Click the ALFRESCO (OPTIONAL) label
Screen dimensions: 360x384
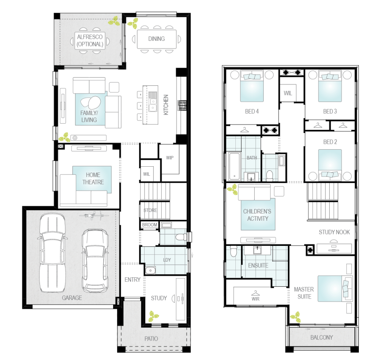90,40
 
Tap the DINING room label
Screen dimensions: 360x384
156,39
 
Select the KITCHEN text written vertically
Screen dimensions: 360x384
166,105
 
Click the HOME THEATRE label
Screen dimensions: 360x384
93,178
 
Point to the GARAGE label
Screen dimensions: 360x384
72,298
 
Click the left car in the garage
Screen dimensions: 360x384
53,253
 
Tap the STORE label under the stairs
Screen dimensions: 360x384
150,210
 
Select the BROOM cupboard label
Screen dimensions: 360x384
149,225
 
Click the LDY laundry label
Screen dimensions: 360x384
167,260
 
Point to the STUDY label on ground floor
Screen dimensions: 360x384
159,298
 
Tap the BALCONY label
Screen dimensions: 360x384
322,338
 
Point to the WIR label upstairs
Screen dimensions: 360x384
255,298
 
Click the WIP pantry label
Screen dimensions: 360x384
169,158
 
